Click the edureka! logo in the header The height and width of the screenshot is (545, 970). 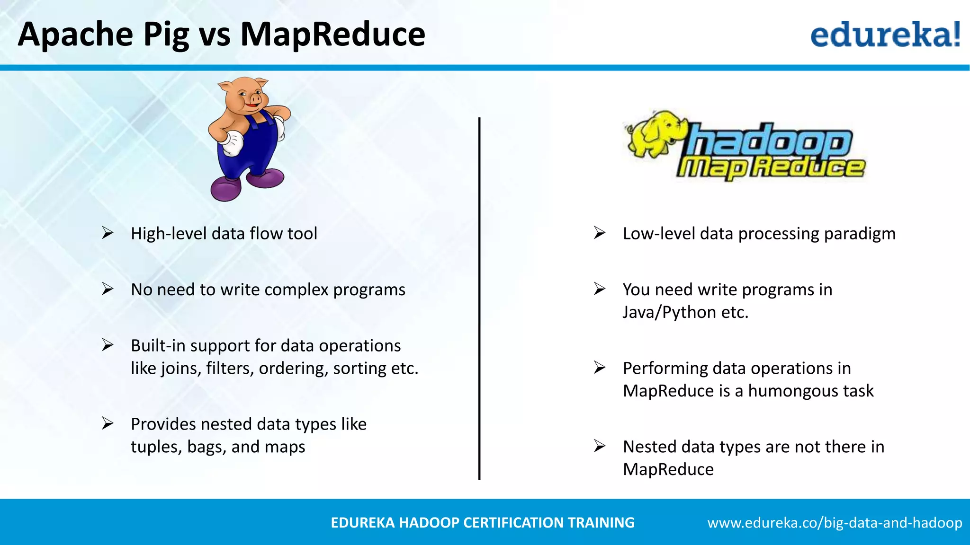tap(885, 34)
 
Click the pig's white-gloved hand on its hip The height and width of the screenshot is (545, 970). tap(233, 143)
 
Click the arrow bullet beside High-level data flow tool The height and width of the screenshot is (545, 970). tap(108, 233)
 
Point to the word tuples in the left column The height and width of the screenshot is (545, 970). tap(156, 447)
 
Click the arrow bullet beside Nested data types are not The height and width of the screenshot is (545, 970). tap(600, 446)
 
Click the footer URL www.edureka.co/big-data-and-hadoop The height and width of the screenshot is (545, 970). tap(835, 523)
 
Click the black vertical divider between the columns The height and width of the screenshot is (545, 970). tap(479, 298)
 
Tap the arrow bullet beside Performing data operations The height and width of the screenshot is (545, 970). tap(600, 368)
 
